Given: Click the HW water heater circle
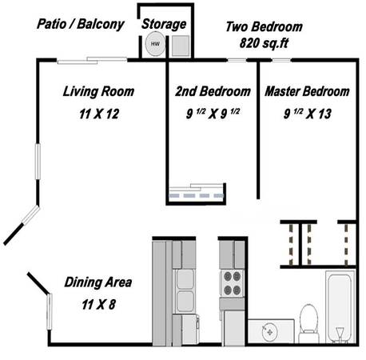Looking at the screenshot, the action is point(155,44).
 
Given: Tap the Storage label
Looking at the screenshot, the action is point(164,24).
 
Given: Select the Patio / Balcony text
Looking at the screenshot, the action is point(81,24).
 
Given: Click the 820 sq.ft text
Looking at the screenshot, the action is point(264,43).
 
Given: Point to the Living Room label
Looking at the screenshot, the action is point(98,91).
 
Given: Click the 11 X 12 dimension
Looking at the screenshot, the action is point(99,114).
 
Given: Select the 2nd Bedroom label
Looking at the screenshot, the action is point(213,91).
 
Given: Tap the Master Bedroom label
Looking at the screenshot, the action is point(307,91).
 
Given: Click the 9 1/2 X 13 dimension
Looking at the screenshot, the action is point(308,114).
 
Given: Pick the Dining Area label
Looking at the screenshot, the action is point(98,282).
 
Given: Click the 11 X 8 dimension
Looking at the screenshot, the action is point(99,304).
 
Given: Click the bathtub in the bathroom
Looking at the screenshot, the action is point(340,306).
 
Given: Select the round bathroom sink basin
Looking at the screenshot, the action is point(269,332).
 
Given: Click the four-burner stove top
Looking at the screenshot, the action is point(232,283).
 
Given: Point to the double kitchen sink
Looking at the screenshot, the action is point(185,290).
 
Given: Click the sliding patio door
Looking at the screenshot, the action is point(92,61).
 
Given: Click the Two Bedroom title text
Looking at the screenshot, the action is point(264,26).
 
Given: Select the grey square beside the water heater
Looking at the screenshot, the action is point(181,46).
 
